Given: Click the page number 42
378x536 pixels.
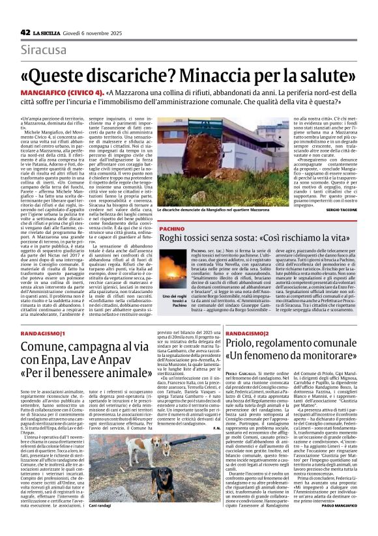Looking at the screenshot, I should [x=25, y=32].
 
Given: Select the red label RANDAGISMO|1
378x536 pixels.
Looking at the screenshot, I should [x=45, y=333].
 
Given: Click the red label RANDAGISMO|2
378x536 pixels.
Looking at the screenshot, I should [x=248, y=333].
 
